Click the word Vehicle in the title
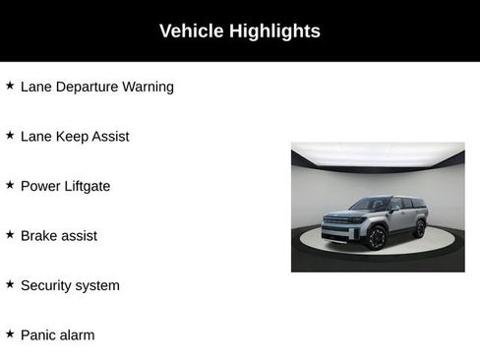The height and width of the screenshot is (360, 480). click(x=192, y=31)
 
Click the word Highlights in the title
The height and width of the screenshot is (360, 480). click(x=274, y=31)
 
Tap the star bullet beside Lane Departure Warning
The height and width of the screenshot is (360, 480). click(x=10, y=86)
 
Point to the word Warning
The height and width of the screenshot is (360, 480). click(x=148, y=87)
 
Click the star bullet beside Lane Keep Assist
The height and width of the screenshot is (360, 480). click(x=10, y=136)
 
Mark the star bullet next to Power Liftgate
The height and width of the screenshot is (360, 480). click(x=10, y=185)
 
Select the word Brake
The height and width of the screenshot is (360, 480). click(x=40, y=236)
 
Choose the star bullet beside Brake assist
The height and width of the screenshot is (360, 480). click(x=10, y=235)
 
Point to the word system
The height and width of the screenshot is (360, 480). click(x=98, y=286)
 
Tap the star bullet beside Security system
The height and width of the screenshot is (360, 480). click(x=10, y=285)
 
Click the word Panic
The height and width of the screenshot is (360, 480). click(x=39, y=335)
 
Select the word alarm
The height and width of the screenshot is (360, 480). click(x=78, y=335)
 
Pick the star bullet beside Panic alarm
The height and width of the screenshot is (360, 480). click(x=10, y=334)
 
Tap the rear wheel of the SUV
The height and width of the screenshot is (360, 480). click(x=420, y=228)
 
